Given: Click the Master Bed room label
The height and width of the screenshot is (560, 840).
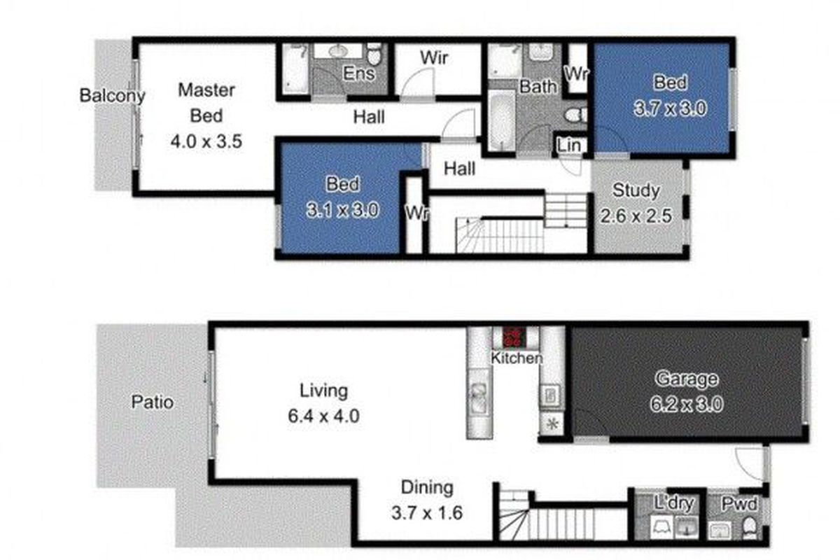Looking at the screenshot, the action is [206, 103].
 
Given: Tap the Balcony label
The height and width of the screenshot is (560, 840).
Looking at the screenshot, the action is [112, 96].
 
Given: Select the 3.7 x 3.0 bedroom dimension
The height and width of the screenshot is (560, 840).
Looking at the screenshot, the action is [670, 108].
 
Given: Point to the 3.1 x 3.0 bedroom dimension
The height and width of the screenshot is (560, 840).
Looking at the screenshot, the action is [342, 210].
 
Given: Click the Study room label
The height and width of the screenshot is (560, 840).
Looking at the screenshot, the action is [636, 190].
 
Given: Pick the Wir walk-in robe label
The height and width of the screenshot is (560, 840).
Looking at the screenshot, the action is [434, 58].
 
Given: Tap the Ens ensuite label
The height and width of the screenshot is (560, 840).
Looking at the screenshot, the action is [358, 73].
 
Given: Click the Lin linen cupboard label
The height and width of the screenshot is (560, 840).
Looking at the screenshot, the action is [569, 146].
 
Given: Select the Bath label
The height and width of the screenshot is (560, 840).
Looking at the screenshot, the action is [538, 87].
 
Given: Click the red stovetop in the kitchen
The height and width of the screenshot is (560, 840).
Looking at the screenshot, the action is [514, 337].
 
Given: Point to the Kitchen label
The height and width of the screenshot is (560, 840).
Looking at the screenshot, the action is [517, 358].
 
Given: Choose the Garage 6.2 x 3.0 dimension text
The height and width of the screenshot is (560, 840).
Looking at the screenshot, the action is [686, 405].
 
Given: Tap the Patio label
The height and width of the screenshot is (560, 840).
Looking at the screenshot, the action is [153, 402].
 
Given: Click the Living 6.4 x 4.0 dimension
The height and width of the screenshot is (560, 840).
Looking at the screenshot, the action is [323, 416].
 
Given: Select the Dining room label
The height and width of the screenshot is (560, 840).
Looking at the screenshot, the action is [427, 488].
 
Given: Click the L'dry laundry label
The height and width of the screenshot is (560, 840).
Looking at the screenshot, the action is [673, 503].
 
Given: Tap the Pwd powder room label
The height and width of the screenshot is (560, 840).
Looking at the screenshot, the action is [739, 505].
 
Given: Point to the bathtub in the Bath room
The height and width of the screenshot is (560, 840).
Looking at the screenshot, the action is [500, 119].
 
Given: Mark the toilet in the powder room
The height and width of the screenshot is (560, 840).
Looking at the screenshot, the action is [749, 527].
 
